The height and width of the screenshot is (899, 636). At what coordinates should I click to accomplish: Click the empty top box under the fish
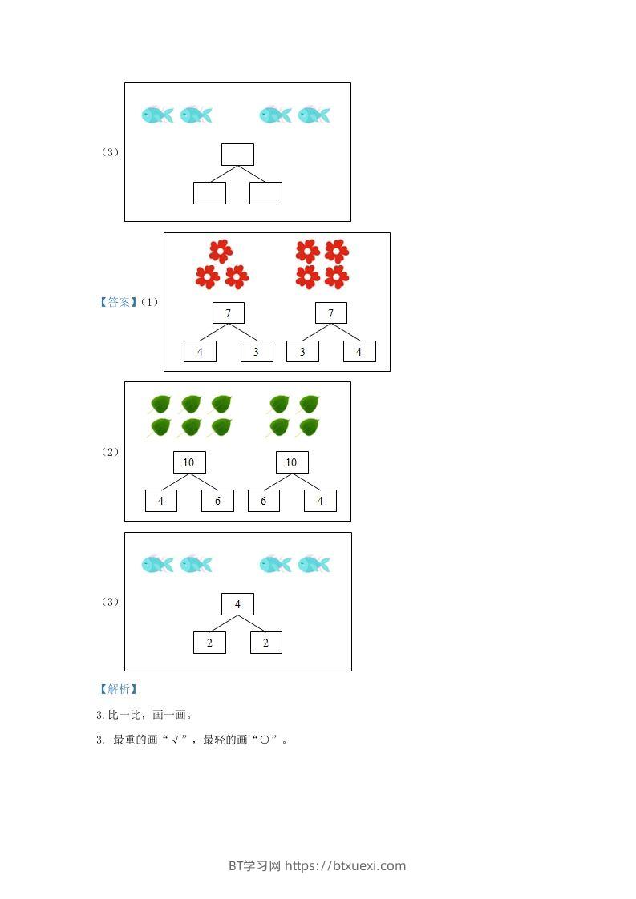[237, 155]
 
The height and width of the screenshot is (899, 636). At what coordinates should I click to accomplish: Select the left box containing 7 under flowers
[229, 313]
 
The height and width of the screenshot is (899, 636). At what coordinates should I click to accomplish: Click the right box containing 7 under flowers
[331, 313]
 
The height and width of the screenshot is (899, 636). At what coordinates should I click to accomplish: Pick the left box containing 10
[189, 462]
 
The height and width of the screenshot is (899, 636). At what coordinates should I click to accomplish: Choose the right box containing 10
[292, 462]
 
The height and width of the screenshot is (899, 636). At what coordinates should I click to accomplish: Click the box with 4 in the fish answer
[237, 604]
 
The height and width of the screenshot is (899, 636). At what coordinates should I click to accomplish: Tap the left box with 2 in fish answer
[209, 643]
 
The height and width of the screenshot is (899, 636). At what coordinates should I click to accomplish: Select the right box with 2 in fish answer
[266, 643]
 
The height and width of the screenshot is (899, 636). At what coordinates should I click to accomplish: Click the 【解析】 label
[117, 689]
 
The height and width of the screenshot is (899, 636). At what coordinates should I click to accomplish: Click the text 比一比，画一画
[149, 715]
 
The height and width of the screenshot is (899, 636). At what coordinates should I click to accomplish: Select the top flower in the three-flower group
[221, 251]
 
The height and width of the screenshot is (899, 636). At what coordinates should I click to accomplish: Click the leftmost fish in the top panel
[157, 115]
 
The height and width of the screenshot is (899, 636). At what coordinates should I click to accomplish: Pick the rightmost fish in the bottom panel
[314, 565]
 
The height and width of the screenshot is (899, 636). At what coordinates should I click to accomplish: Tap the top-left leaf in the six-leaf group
[160, 404]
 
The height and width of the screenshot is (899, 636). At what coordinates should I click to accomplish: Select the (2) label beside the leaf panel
[110, 452]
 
